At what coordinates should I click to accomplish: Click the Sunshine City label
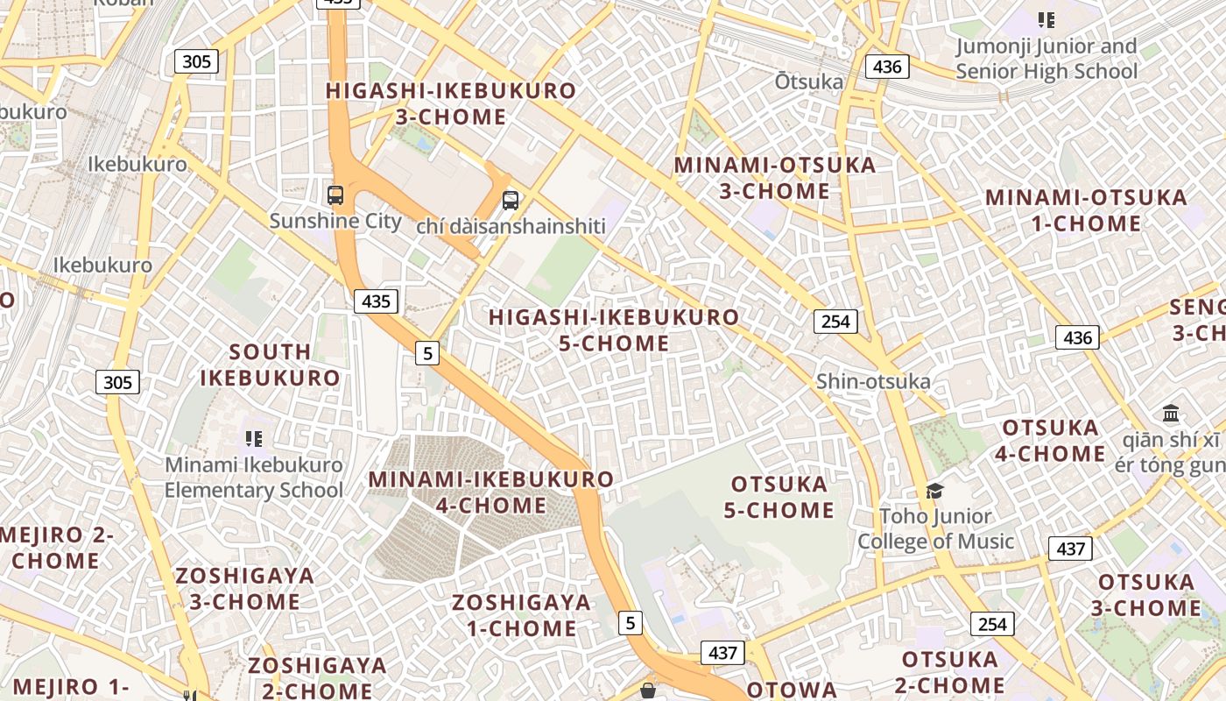[x=335, y=221]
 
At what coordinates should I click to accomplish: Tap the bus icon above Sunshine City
[x=335, y=195]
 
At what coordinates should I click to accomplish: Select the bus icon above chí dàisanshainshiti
[x=511, y=201]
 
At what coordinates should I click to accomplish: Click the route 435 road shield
[x=377, y=301]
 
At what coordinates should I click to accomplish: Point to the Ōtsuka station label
[x=809, y=81]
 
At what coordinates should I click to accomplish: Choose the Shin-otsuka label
[x=873, y=381]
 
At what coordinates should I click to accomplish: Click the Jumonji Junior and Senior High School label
[x=1046, y=59]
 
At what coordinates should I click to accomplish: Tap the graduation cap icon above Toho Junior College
[x=935, y=491]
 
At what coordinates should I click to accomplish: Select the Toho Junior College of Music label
[x=935, y=528]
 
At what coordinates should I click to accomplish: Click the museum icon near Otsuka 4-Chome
[x=1171, y=413]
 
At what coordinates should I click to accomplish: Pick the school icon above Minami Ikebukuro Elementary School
[x=254, y=438]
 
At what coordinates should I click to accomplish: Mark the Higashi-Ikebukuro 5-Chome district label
[x=614, y=330]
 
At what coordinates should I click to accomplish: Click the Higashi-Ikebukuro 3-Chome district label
[x=451, y=103]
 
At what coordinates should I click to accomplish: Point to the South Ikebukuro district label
[x=270, y=365]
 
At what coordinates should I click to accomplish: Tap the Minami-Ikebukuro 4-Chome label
[x=491, y=492]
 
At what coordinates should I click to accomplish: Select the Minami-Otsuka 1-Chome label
[x=1086, y=210]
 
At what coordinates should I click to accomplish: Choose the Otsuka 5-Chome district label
[x=779, y=497]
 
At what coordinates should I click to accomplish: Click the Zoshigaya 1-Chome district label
[x=521, y=615]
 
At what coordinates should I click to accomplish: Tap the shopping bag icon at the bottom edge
[x=648, y=691]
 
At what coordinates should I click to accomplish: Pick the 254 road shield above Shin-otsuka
[x=835, y=322]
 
